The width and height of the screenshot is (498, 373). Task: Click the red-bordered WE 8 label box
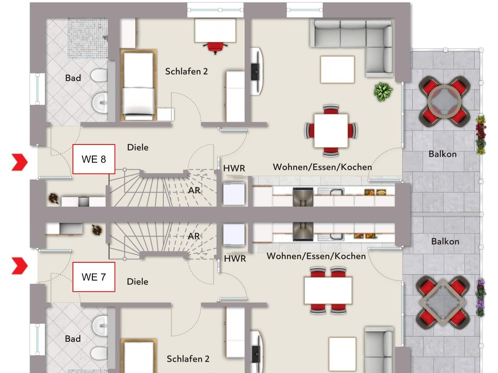pyautogui.click(x=94, y=159)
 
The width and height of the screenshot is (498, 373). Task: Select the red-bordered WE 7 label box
pyautogui.click(x=93, y=277)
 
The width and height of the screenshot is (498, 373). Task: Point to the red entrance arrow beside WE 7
pyautogui.click(x=20, y=266)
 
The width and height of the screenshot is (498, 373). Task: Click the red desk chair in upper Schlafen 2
pyautogui.click(x=216, y=47)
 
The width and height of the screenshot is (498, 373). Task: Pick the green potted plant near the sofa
pyautogui.click(x=383, y=92)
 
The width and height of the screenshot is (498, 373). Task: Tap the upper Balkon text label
pyautogui.click(x=442, y=154)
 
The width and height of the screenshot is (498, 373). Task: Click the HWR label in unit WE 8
pyautogui.click(x=234, y=169)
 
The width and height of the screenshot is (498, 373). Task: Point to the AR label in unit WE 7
pyautogui.click(x=194, y=236)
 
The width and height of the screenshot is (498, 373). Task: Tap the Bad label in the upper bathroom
pyautogui.click(x=73, y=78)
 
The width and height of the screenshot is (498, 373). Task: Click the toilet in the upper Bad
pyautogui.click(x=99, y=76)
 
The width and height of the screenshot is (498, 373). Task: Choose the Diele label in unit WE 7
pyautogui.click(x=137, y=282)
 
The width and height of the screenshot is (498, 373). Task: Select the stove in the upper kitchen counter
pyautogui.click(x=303, y=196)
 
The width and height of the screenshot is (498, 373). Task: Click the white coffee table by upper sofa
pyautogui.click(x=337, y=69)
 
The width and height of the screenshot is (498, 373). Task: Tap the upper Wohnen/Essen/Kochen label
pyautogui.click(x=322, y=167)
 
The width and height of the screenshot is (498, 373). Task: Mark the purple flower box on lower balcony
pyautogui.click(x=481, y=297)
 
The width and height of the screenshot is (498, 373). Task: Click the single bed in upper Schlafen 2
pyautogui.click(x=138, y=85)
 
